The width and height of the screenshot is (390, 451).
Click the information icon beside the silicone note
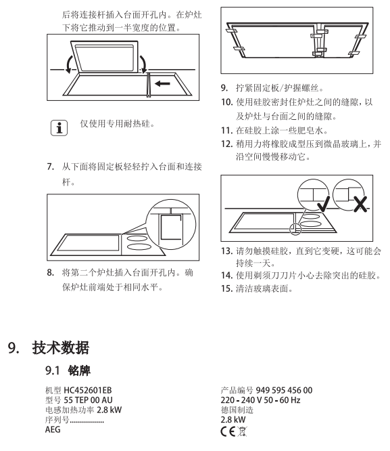click(59, 128)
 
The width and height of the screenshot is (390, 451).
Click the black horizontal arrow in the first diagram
click(162, 83)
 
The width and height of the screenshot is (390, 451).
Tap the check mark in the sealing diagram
click(323, 205)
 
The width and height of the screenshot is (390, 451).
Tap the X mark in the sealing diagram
click(360, 205)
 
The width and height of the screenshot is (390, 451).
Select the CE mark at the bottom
click(228, 431)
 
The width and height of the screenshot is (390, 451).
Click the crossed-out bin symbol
click(242, 431)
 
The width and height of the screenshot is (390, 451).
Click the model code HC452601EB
click(88, 390)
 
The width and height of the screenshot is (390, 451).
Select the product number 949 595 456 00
click(284, 390)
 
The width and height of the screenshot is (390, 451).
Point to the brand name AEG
click(53, 429)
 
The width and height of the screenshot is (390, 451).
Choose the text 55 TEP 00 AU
click(88, 400)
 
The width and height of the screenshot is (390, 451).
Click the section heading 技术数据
click(61, 347)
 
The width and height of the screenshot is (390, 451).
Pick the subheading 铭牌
click(79, 370)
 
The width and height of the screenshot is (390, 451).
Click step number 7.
click(51, 167)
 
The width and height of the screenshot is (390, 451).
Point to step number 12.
click(226, 144)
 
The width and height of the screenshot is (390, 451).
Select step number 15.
click(226, 288)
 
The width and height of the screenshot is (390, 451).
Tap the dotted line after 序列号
click(87, 422)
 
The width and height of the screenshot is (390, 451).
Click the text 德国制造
click(237, 410)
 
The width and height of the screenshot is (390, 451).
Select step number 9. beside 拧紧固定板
click(224, 88)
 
